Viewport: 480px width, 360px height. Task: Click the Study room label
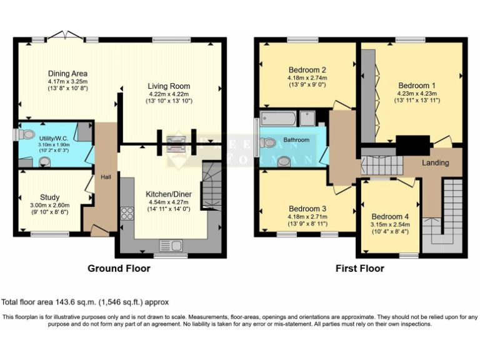coord(51,197)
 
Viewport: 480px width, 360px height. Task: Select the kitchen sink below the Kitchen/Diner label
coord(169,245)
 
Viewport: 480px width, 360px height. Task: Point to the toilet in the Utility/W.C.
coord(27,134)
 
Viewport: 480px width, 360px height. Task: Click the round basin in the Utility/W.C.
coord(44,162)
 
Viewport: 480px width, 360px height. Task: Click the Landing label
coord(436,162)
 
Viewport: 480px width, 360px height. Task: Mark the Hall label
coord(106,177)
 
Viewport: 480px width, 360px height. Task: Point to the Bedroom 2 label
coord(307,69)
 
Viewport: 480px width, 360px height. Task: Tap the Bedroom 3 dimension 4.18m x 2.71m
coord(307,217)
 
